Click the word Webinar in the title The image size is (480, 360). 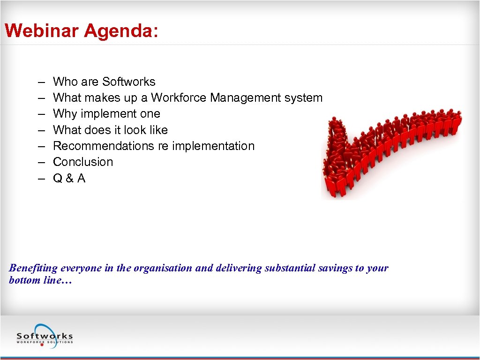(42, 31)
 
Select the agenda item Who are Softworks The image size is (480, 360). (104, 82)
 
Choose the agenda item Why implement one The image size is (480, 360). (106, 113)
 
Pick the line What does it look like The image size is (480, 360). (110, 130)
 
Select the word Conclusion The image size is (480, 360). (83, 162)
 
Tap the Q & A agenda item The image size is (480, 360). (69, 178)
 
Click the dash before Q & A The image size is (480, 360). (42, 178)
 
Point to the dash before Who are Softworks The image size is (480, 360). (42, 82)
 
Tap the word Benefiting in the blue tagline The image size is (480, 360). (33, 268)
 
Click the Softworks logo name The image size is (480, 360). (45, 336)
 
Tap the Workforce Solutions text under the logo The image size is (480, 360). (45, 342)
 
